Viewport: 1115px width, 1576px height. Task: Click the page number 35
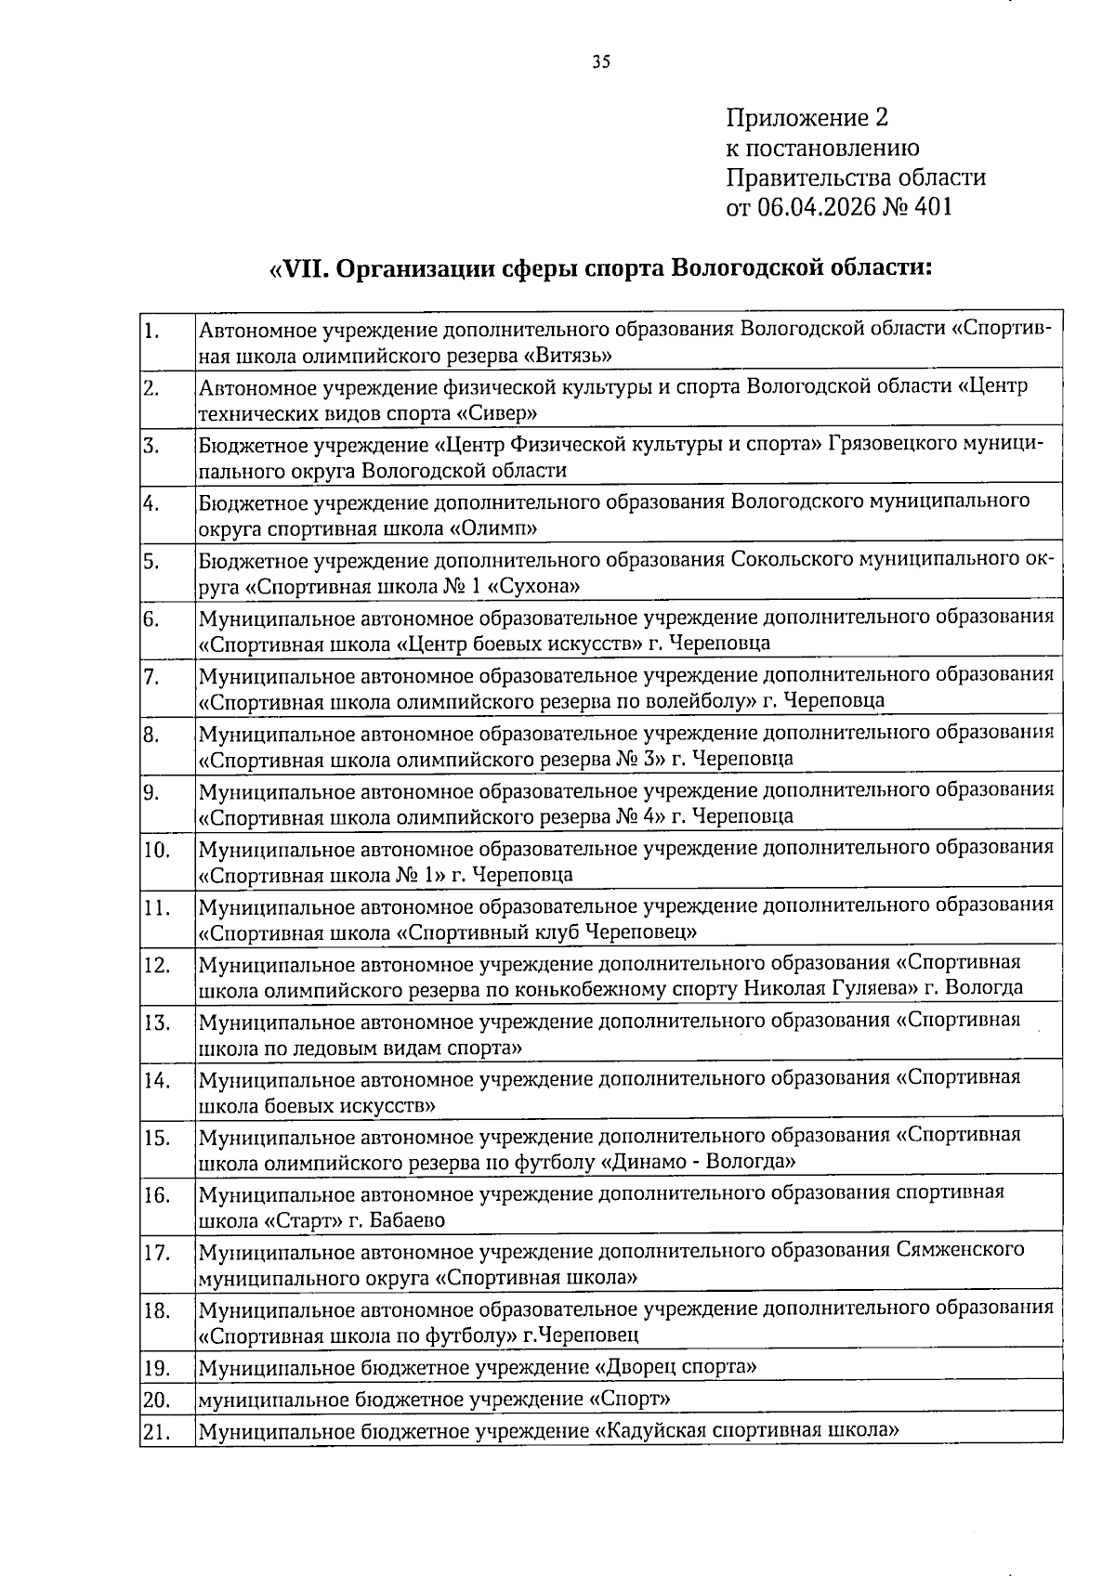(601, 62)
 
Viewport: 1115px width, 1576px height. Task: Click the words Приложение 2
(807, 118)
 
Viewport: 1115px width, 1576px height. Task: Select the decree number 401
(933, 207)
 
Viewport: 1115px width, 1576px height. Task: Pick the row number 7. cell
(167, 677)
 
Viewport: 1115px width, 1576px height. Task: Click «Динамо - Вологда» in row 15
(700, 1162)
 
